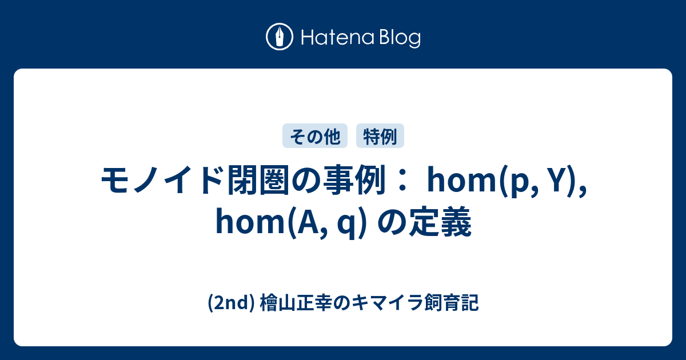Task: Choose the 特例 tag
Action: tap(380, 136)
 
